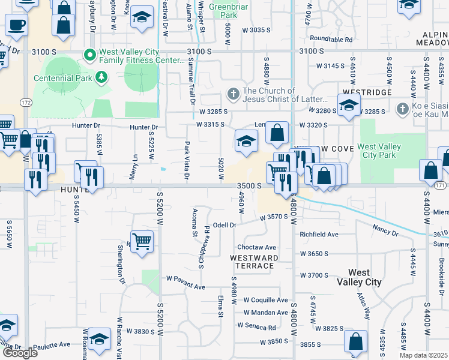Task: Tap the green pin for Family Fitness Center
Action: (x=91, y=55)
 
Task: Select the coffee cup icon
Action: (x=16, y=26)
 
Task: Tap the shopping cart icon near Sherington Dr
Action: (x=142, y=242)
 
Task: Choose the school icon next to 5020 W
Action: (x=246, y=141)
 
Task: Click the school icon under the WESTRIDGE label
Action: (x=349, y=106)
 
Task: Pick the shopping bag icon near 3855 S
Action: (x=355, y=341)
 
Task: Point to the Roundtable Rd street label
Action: (x=331, y=39)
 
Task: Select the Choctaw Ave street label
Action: (x=256, y=247)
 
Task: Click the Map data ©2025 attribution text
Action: (x=424, y=355)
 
